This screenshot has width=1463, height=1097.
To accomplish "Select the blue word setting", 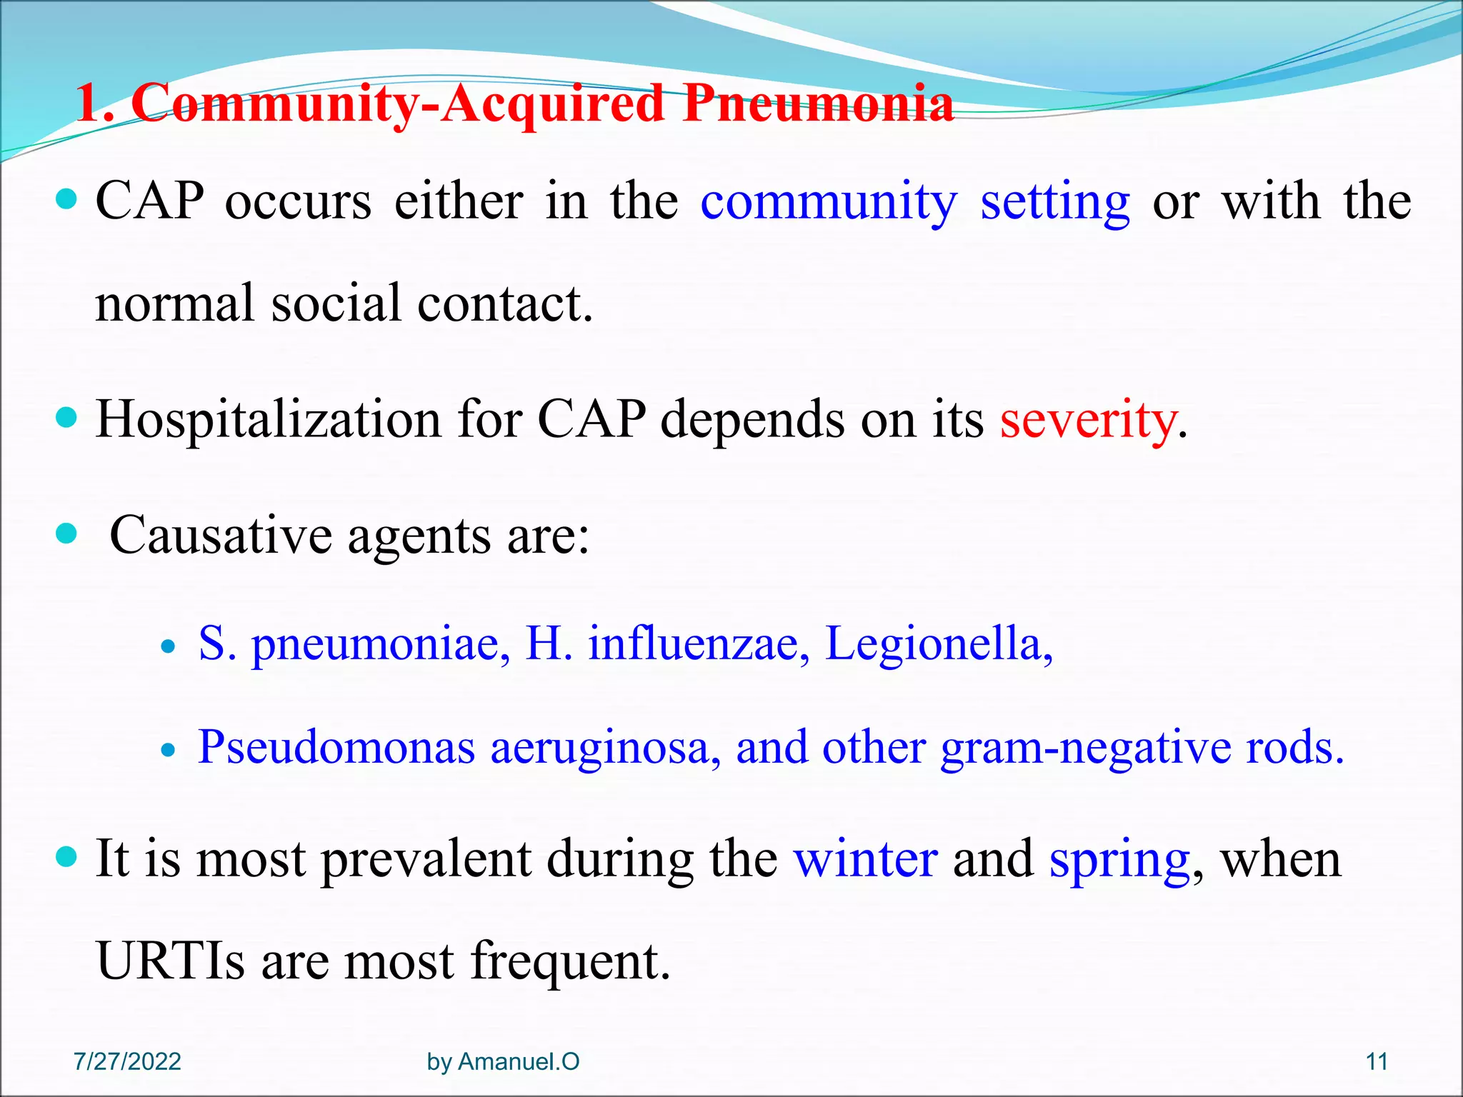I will coord(1054,203).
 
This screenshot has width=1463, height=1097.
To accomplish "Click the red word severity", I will coord(1087,420).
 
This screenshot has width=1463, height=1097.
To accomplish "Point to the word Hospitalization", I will coord(268,420).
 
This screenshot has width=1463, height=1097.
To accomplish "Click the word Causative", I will coord(221,536).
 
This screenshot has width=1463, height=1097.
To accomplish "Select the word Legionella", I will coord(938,644).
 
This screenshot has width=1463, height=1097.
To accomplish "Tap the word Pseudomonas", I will coord(336,748).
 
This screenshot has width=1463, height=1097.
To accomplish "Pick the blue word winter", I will coord(865,859).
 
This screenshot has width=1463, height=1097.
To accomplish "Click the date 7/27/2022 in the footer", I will coord(127,1062).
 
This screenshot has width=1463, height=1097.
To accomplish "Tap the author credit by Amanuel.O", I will coord(503,1062).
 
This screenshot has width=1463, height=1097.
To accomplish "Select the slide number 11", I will coord(1377,1062).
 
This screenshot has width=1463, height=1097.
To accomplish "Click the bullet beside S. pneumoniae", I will coord(168,648).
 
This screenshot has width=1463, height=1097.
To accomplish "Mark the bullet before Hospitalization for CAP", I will coord(66,418).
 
